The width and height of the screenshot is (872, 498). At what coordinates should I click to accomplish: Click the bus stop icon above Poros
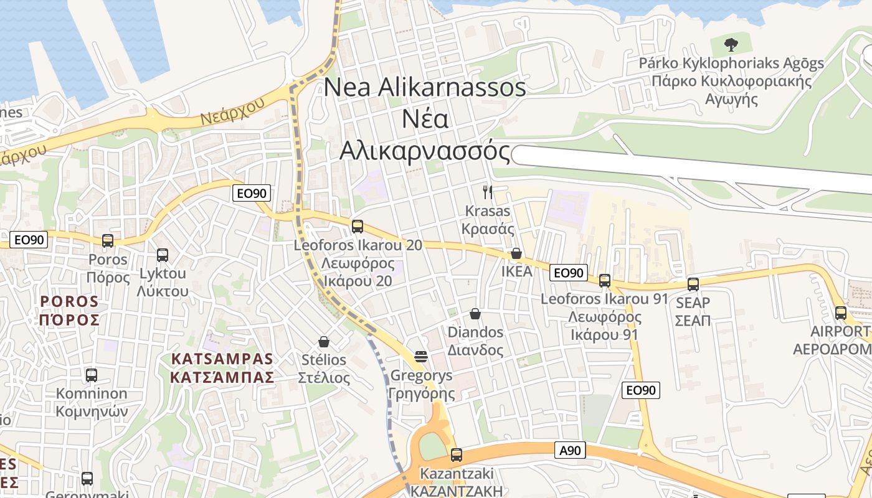point(108,241)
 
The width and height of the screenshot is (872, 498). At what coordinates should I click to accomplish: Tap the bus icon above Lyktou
point(163,255)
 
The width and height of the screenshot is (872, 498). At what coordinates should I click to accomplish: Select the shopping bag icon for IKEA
point(516,254)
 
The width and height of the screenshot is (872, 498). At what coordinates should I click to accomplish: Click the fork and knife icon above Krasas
point(488,192)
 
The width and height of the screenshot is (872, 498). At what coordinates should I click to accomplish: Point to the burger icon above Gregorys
point(421,357)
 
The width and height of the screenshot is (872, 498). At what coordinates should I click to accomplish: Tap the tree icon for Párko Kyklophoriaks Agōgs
point(731,44)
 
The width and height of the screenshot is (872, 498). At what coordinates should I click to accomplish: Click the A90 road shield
point(570,450)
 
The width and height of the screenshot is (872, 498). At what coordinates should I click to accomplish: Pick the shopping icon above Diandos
point(475,314)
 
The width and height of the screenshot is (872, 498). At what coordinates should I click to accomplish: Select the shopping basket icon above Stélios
point(323,342)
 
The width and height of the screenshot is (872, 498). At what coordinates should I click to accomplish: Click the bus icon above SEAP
point(693,284)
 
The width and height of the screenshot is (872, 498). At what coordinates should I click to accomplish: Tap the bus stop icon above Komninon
point(92,375)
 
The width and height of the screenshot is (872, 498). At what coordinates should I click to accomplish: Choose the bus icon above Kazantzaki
point(457,455)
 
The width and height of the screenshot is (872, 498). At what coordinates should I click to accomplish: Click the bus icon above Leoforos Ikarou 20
point(358,227)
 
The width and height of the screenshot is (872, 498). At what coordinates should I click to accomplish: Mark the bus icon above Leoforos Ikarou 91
point(604,281)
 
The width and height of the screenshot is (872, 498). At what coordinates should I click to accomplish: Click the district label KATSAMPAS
point(222,359)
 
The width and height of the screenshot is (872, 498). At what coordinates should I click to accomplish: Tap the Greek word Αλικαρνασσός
point(424,151)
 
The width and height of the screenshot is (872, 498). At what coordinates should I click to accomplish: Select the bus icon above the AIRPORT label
point(841,313)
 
